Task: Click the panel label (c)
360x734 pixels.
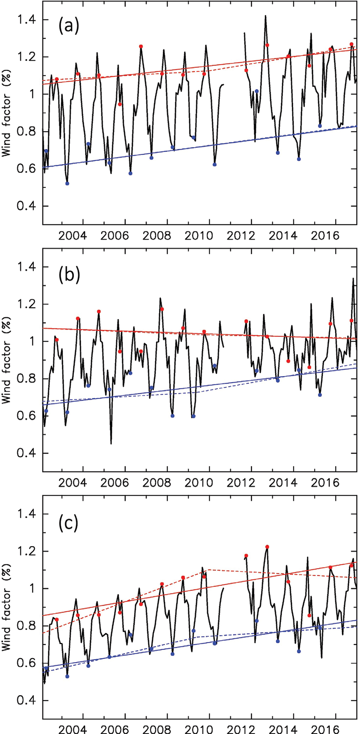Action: [68, 523]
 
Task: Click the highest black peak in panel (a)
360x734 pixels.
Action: [266, 16]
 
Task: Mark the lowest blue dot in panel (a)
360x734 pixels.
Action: [68, 183]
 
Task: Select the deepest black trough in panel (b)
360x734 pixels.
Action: [111, 443]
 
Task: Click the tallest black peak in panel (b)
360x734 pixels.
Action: [353, 279]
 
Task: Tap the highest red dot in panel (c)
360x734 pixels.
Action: [267, 547]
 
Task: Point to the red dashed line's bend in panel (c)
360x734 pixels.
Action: [208, 569]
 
